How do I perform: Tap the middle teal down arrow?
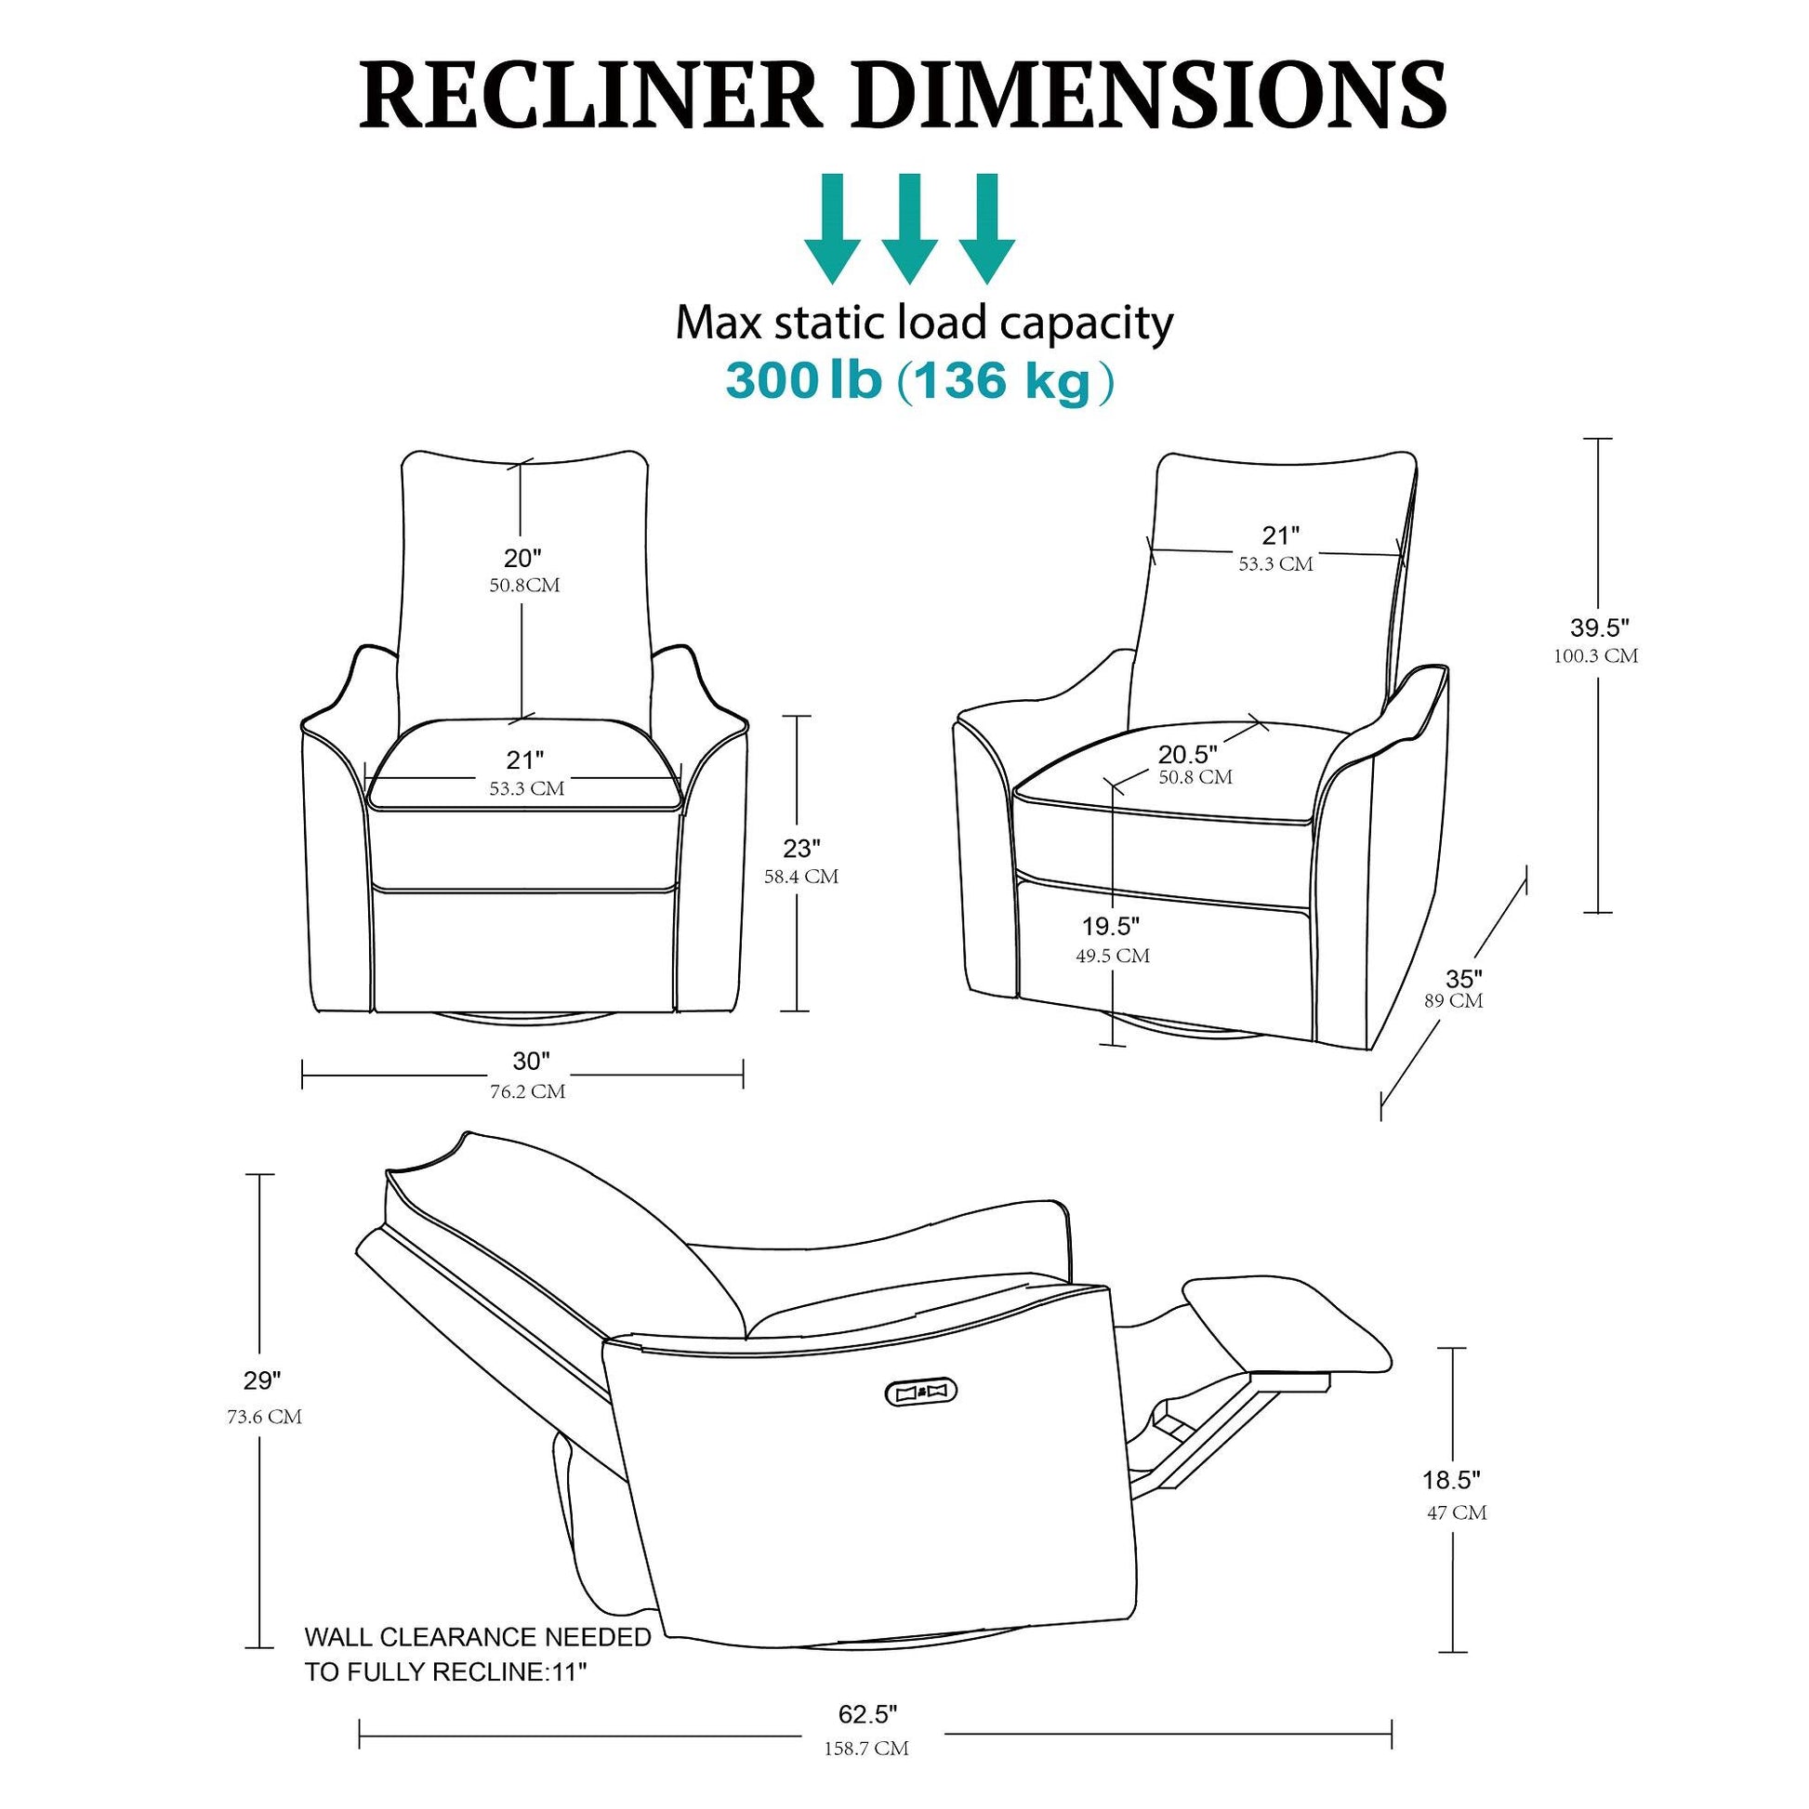coord(909,229)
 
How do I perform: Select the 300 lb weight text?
coord(803,380)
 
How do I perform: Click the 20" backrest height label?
coord(523,558)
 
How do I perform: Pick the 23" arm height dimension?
coord(801,848)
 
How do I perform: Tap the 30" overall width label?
coord(531,1061)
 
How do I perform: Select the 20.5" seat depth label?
coord(1188,754)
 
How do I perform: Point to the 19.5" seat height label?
coord(1112,926)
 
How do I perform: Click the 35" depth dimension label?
coord(1464,979)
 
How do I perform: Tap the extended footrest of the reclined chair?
coord(1287,1326)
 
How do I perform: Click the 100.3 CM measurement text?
coord(1596,656)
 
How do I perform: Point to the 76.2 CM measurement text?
coord(527,1091)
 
